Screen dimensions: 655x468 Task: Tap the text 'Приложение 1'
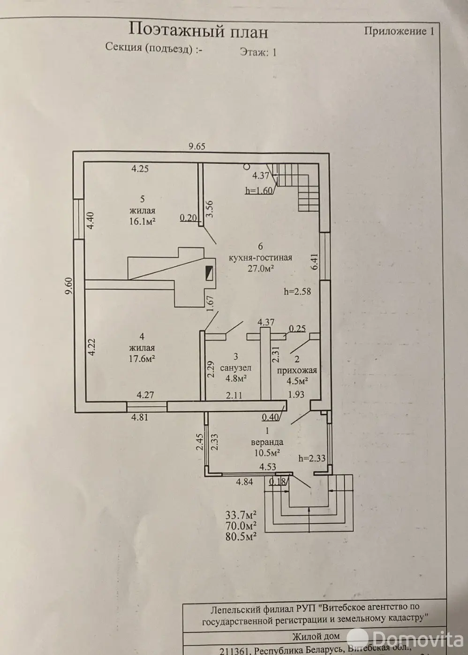click(399, 31)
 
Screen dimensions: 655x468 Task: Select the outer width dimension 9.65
click(197, 146)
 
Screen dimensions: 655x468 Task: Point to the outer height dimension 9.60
click(69, 286)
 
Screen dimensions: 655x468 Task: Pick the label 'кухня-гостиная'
click(260, 258)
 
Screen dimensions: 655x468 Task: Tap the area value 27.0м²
click(260, 268)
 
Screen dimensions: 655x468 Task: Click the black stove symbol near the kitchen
click(209, 273)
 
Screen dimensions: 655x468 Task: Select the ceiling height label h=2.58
click(297, 291)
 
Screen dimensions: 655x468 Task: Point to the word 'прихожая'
click(298, 370)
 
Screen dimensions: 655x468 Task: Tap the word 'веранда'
click(267, 442)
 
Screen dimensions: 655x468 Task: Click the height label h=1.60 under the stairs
click(260, 190)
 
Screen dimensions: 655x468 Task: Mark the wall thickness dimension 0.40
click(271, 416)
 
